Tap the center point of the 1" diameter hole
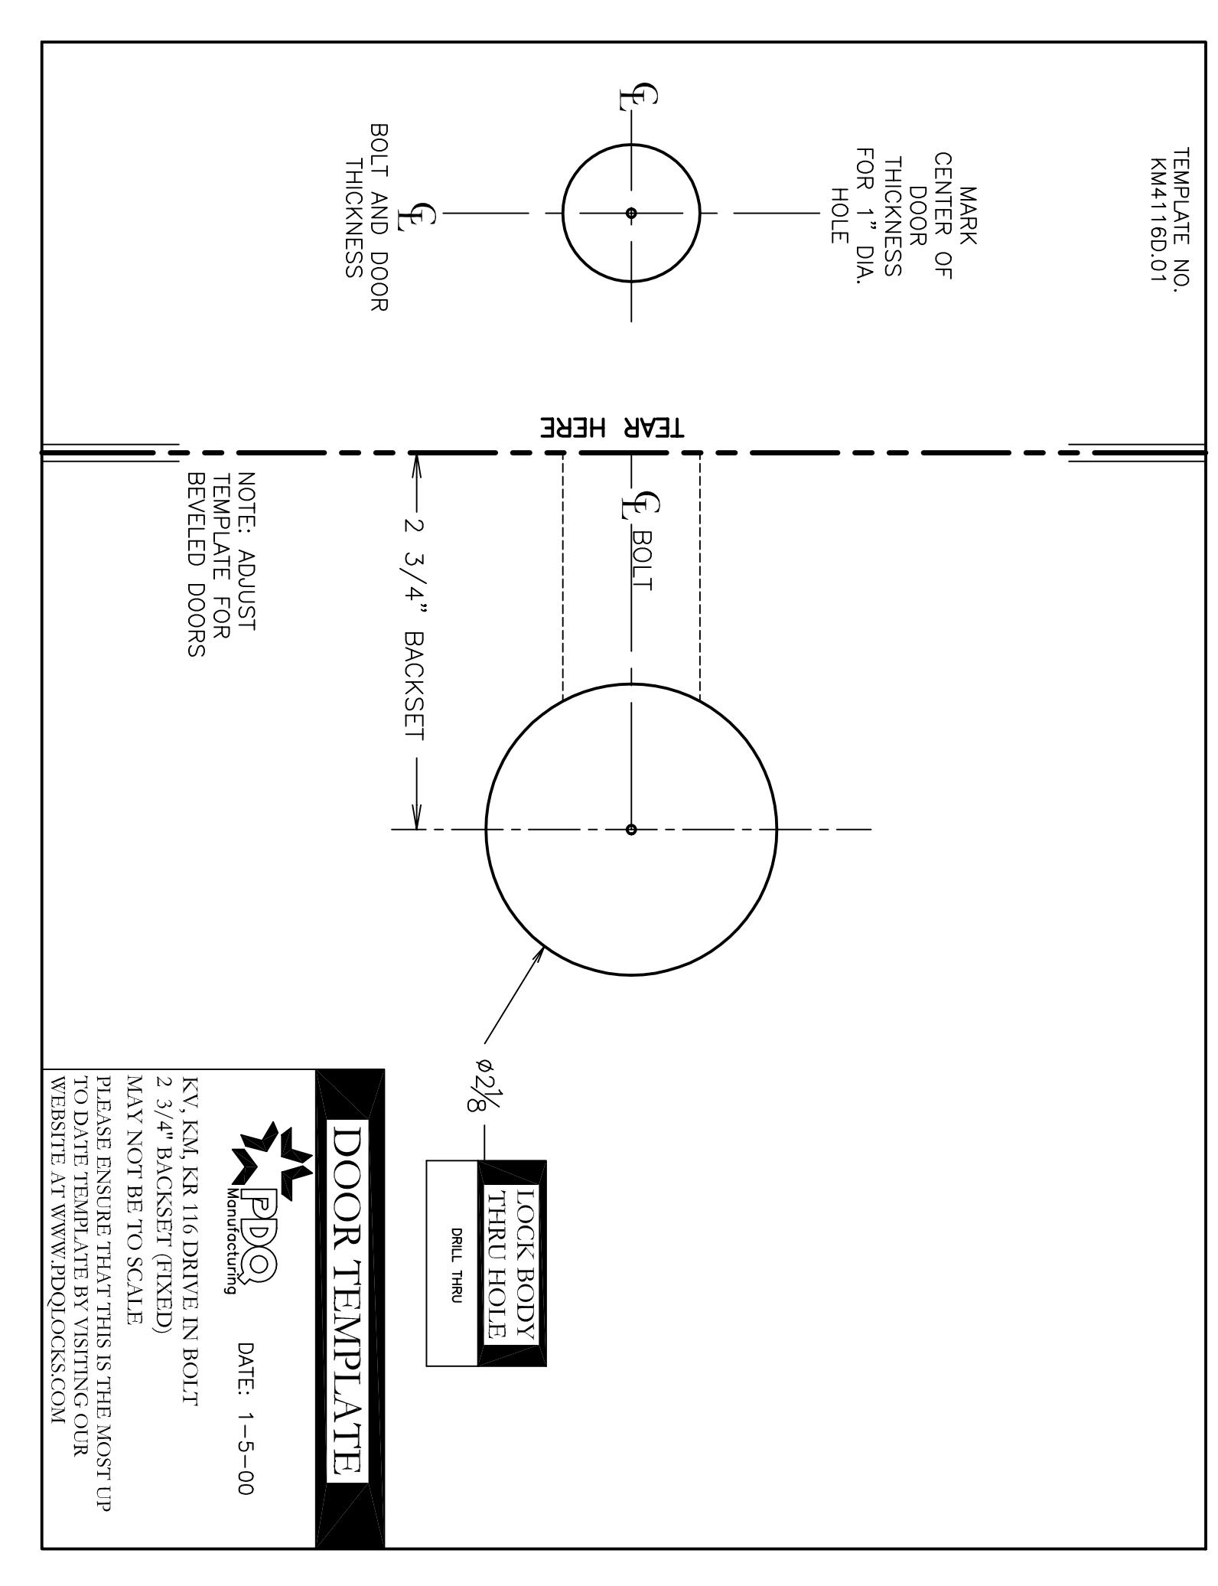click(630, 213)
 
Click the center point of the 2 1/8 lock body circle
click(630, 829)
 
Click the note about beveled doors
click(221, 564)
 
